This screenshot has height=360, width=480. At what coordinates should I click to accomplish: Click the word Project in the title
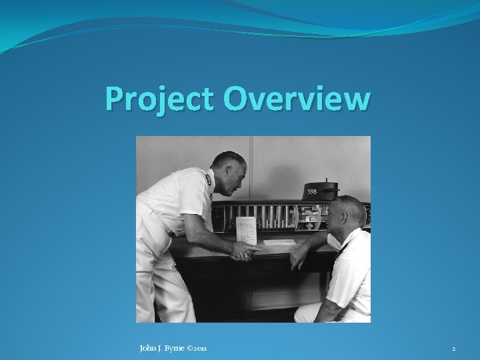(x=160, y=100)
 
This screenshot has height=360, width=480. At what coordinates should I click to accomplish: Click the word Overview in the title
(x=297, y=99)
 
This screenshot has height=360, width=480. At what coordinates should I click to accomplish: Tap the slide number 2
(x=453, y=349)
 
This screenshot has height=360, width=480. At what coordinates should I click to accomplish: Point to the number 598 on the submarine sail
(x=312, y=192)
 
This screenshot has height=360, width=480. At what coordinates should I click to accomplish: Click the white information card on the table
(x=245, y=229)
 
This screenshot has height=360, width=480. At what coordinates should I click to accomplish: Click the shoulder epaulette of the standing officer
(x=208, y=179)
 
